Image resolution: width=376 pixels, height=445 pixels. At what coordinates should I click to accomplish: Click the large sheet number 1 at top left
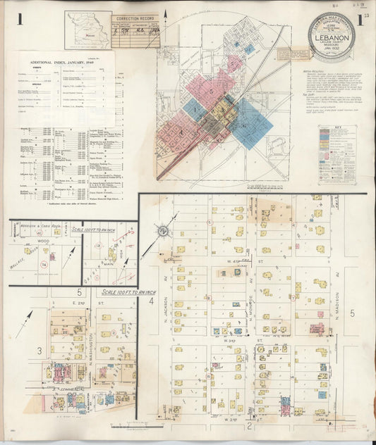tap(22, 19)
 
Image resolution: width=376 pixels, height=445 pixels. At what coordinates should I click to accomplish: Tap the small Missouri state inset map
tap(87, 29)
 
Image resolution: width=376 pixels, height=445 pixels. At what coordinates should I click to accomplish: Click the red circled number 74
tap(44, 263)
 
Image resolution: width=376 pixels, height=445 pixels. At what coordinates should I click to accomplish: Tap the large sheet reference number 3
tap(40, 350)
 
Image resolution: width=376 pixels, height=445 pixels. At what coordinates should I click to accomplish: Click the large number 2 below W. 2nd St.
tap(249, 425)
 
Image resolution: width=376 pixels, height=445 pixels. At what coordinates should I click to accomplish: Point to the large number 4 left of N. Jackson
tap(151, 301)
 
